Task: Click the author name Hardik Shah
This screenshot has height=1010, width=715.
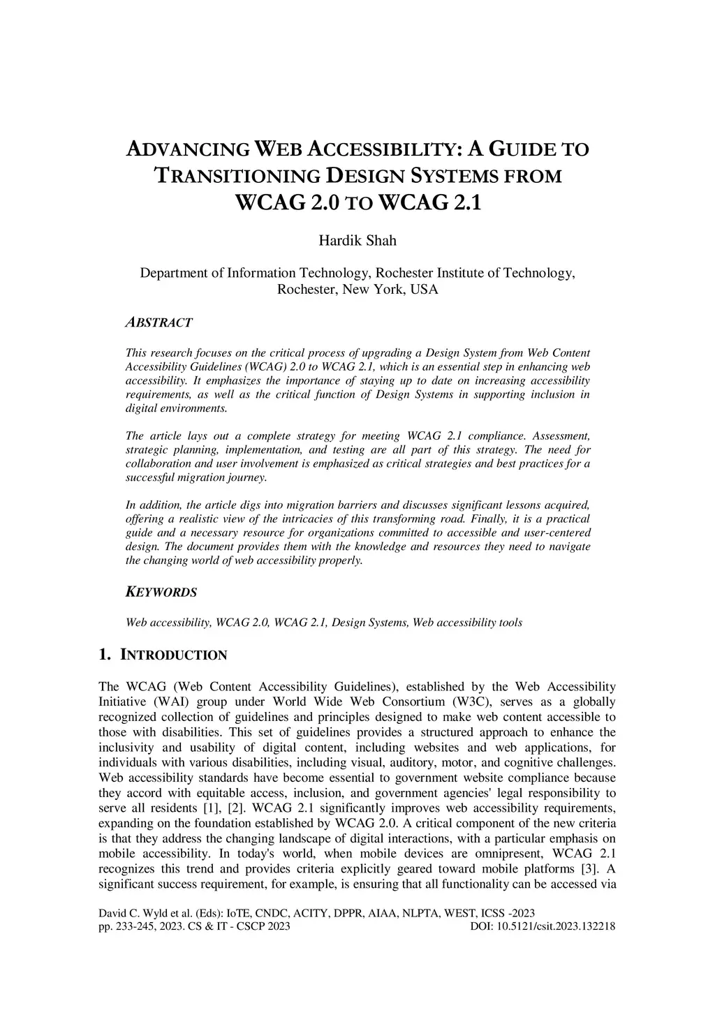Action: click(357, 241)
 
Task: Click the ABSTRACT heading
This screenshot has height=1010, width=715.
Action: click(159, 322)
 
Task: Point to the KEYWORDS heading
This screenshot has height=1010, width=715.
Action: click(161, 593)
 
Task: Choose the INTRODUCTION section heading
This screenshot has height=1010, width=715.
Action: click(174, 655)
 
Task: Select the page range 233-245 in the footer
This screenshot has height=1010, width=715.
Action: click(133, 926)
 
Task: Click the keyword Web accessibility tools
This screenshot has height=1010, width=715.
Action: click(467, 622)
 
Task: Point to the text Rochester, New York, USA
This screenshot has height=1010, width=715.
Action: click(357, 289)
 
